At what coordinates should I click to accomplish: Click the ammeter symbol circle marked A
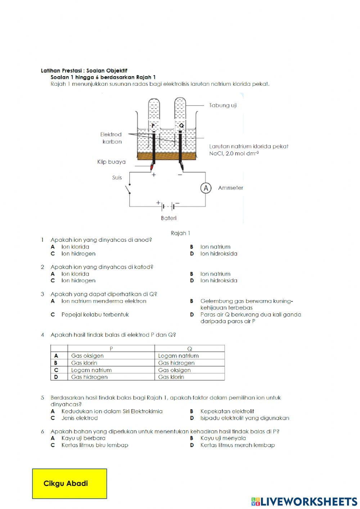206,188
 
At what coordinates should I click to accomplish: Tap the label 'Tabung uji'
223,105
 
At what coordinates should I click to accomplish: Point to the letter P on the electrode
153,126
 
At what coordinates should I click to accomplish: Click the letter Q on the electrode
181,126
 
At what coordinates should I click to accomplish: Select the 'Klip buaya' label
111,162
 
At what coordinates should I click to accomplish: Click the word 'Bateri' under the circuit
168,218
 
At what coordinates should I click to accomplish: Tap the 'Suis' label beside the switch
117,178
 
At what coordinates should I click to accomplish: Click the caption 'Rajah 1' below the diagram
180,233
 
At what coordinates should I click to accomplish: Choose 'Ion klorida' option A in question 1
75,247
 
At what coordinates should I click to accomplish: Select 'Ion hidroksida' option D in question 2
219,280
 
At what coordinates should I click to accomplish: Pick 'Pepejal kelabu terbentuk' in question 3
95,314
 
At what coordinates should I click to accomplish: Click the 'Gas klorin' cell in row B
84,363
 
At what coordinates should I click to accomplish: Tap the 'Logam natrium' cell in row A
178,356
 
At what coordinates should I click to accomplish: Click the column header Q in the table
190,348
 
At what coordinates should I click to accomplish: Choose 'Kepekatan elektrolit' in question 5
227,411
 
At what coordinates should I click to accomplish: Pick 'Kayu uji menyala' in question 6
223,438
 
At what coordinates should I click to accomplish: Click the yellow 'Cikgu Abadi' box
69,483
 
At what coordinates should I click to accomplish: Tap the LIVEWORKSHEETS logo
304,501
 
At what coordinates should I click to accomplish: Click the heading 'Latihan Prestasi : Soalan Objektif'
84,71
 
